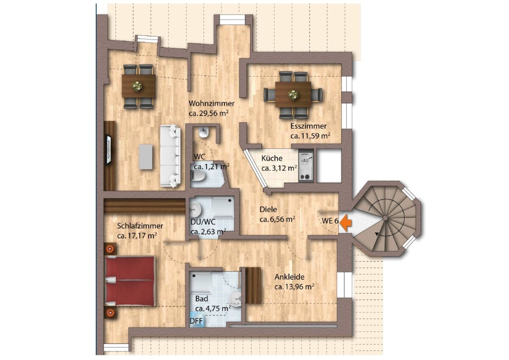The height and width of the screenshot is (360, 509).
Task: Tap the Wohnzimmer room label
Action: point(212,104)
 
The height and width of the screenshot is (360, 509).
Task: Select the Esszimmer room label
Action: point(308,126)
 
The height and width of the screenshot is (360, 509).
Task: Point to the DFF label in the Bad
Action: point(196,321)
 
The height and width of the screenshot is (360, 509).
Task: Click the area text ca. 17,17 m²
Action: point(137,236)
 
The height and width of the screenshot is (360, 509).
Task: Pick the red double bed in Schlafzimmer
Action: point(130,281)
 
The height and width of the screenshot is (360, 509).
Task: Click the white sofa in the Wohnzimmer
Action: point(171,156)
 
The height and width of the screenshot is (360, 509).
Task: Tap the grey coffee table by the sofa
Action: point(146,157)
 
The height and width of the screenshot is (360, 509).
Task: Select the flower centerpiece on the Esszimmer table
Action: point(293,94)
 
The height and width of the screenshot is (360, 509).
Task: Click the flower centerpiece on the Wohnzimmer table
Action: point(137,87)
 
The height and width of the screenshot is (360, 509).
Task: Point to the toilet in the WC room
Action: point(199,177)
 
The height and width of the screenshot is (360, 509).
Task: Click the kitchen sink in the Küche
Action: point(306,157)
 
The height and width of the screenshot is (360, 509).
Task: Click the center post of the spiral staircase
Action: point(385,218)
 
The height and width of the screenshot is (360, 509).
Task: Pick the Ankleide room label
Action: point(289,277)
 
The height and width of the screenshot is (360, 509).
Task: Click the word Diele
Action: point(268,209)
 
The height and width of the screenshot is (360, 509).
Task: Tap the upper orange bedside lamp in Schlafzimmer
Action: point(111,249)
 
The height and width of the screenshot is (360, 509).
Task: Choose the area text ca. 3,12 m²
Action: point(279,168)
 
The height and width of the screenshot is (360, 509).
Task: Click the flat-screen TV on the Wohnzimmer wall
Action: point(109,149)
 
